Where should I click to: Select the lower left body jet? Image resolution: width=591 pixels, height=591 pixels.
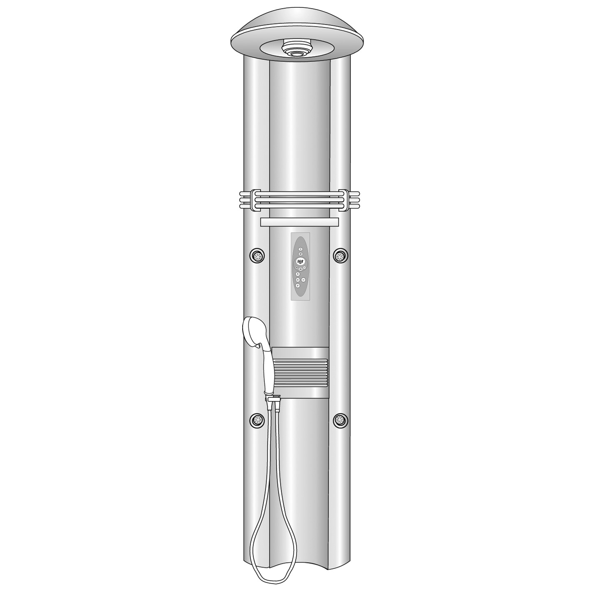[x=257, y=420]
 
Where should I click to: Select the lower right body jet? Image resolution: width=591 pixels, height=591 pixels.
[x=340, y=420]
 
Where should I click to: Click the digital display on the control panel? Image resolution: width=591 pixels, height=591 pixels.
[x=300, y=262]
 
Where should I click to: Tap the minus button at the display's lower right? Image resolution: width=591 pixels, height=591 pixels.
[x=305, y=268]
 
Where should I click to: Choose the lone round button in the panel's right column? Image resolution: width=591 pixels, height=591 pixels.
[x=304, y=280]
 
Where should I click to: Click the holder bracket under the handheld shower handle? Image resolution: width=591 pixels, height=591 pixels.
[x=273, y=398]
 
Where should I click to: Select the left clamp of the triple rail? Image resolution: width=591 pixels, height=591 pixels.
[x=255, y=199]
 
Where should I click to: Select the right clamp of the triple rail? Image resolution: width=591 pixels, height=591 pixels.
[x=343, y=199]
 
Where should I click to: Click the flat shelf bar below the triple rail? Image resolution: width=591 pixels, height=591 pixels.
[x=299, y=222]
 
